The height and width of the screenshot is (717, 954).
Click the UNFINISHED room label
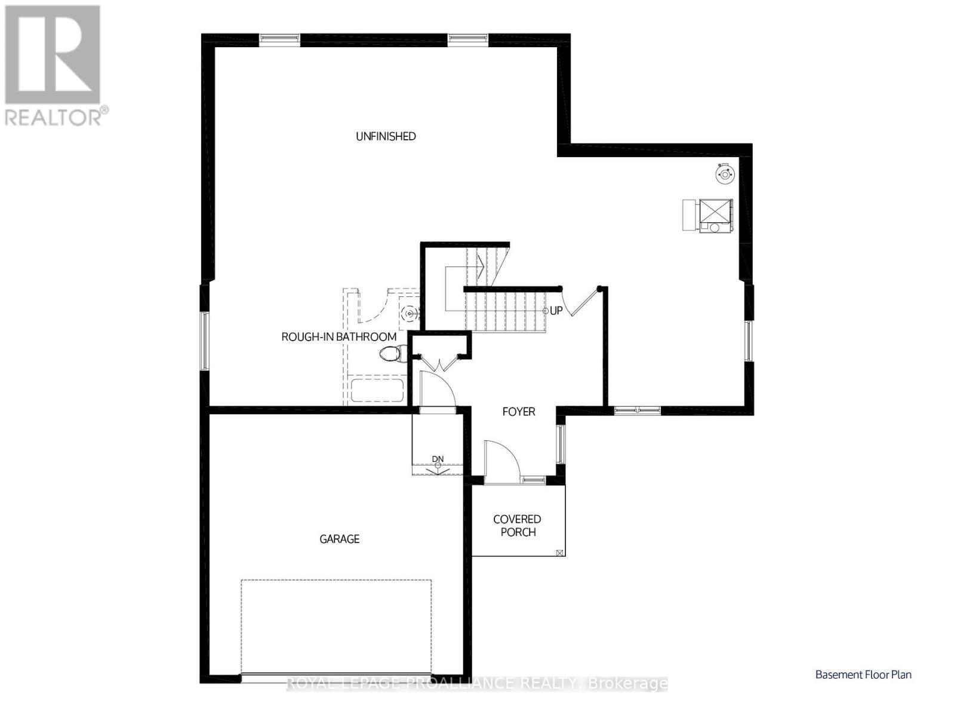coord(386,136)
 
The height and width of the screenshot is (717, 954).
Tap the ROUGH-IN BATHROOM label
coord(338,337)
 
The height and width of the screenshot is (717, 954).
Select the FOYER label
coord(518,412)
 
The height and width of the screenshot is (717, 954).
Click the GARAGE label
coord(339,539)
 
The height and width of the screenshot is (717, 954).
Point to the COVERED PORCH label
coord(518,526)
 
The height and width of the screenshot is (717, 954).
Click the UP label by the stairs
coord(556,311)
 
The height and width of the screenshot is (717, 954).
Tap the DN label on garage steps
coord(438,459)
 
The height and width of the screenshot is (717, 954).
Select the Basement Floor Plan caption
coord(863,675)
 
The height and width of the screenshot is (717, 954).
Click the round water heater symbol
coord(725,174)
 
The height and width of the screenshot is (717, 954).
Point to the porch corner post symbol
coord(559,553)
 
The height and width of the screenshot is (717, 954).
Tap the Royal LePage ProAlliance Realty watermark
coord(477,684)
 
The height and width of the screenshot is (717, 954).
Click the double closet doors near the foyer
coord(439,361)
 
